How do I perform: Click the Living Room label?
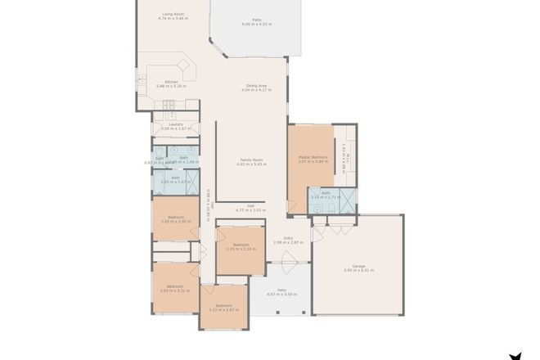coord(173,16)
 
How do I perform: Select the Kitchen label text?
coord(172,83)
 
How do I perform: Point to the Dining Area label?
coord(259,88)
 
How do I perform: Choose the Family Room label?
coord(251,162)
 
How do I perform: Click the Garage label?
coord(358,268)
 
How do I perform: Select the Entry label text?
coord(288,240)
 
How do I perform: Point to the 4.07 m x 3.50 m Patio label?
coord(281,291)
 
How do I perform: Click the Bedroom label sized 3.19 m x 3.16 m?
coord(241,247)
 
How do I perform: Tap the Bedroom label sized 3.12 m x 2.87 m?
coord(223,308)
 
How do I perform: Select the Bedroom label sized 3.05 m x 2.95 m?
coord(175,219)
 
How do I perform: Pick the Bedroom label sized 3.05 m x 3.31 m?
coord(175,288)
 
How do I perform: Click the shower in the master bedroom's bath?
coord(348,198)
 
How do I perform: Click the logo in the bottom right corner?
coord(515,355)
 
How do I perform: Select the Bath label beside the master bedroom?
coord(326,196)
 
